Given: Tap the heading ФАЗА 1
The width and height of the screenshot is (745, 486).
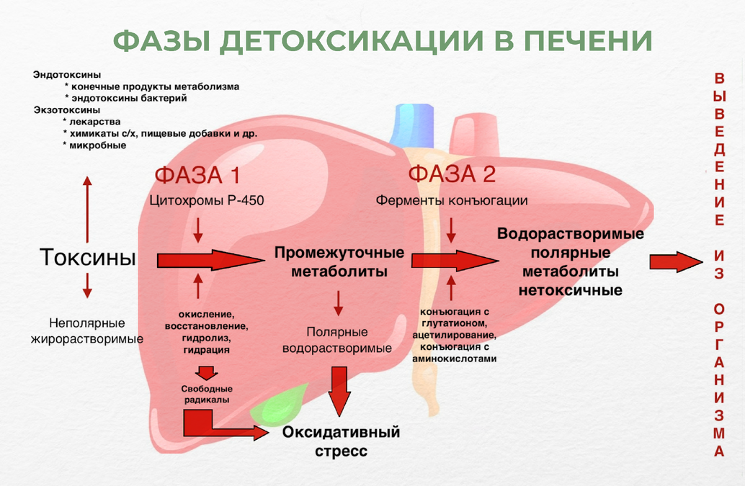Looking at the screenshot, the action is (196, 175).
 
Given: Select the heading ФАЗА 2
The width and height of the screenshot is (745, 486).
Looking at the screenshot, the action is (452, 174).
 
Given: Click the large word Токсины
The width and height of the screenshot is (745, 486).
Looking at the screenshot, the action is (87, 257).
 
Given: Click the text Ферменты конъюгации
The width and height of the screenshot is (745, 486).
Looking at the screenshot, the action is (452, 200).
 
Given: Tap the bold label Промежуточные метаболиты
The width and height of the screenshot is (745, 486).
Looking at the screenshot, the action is (339, 263).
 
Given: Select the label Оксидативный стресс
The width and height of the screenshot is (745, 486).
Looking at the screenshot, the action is (341, 442).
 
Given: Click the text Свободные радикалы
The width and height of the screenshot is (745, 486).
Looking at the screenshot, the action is (206, 394).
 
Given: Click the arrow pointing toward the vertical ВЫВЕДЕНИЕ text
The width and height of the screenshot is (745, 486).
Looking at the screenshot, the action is (674, 261).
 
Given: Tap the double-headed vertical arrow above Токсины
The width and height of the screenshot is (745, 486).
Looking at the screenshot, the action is (87, 208).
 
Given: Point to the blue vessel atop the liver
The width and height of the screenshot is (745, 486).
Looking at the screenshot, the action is (411, 125).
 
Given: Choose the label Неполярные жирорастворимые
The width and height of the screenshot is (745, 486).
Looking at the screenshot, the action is (87, 330).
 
